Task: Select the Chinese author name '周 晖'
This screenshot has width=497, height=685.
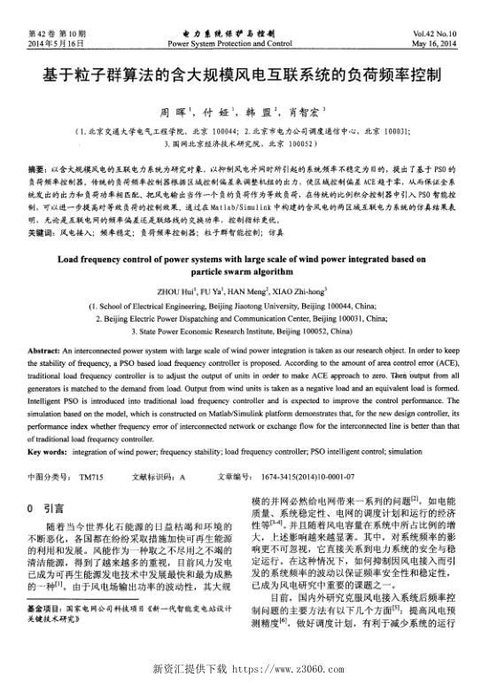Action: (169, 113)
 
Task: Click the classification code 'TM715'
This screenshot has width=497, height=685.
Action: (91, 477)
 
